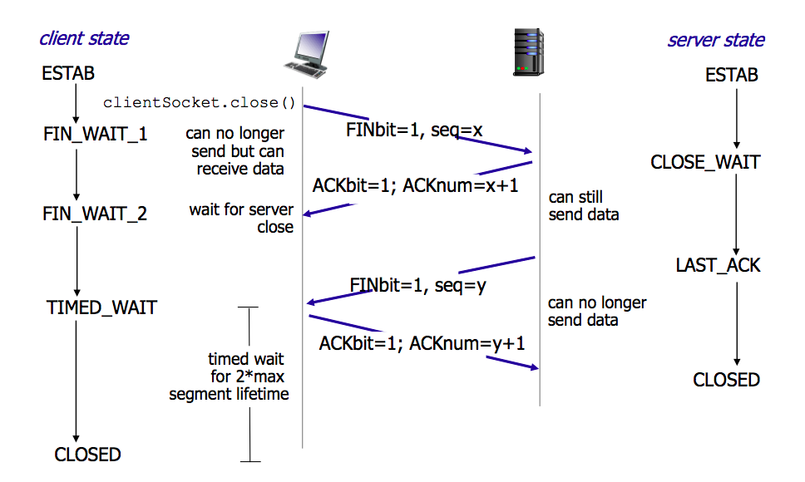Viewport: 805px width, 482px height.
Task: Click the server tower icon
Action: click(528, 52)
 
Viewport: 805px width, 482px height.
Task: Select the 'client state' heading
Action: click(84, 37)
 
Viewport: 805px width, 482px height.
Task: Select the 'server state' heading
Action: click(716, 40)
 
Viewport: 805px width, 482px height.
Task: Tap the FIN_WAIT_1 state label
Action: click(95, 133)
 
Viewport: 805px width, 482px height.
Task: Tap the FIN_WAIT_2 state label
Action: click(95, 214)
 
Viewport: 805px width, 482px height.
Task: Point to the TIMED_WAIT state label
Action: click(101, 307)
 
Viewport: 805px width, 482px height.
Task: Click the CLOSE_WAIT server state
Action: click(705, 162)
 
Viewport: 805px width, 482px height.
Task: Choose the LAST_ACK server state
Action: click(718, 266)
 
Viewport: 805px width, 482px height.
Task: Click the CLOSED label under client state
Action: click(87, 455)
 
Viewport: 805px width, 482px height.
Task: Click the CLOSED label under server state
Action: click(726, 380)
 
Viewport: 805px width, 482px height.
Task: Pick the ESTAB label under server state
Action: click(732, 76)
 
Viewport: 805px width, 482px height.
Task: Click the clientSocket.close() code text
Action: click(200, 103)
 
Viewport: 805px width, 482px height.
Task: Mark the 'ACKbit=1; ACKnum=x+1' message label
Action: click(415, 184)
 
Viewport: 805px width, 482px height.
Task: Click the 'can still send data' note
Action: click(583, 206)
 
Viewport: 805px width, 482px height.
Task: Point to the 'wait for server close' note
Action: click(241, 218)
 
